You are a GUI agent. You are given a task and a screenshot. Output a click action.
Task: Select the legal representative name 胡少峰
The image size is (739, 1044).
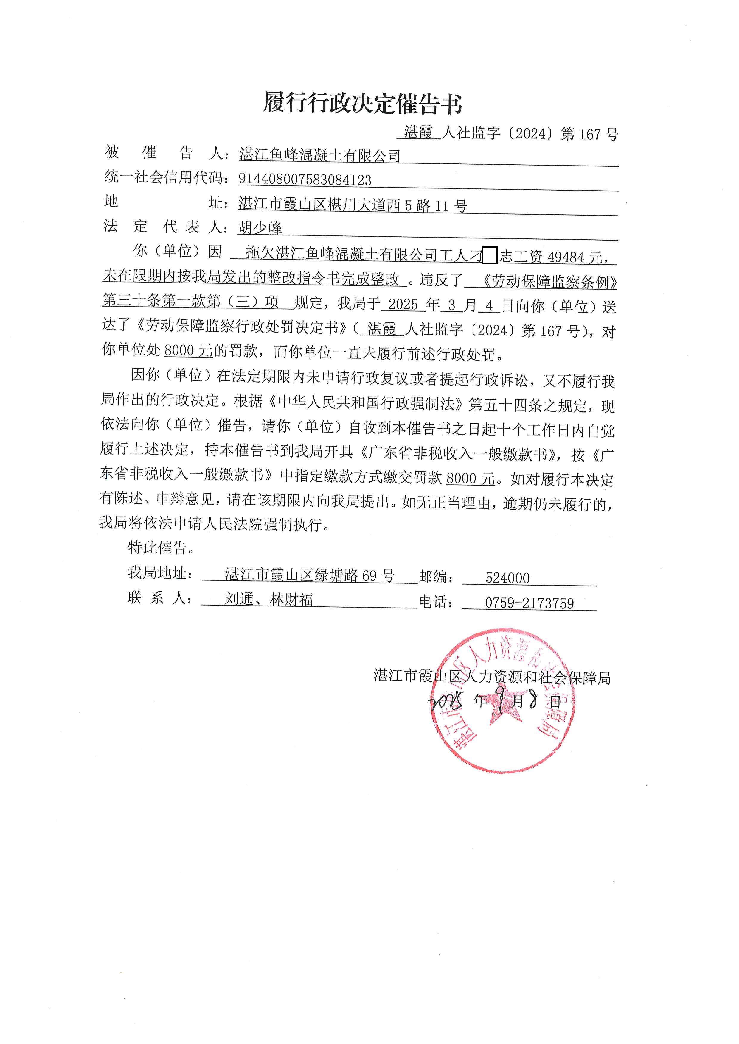[260, 227]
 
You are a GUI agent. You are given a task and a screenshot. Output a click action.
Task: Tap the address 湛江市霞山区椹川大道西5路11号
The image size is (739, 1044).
[353, 205]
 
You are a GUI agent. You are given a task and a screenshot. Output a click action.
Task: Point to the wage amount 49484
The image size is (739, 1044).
[566, 258]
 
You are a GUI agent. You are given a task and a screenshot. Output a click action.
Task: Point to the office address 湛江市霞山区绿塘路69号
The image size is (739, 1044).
[309, 575]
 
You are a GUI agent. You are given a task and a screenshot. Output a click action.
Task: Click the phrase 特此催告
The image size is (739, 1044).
[162, 547]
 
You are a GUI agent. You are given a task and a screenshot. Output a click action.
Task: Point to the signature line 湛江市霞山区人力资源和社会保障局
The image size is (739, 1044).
[492, 678]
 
